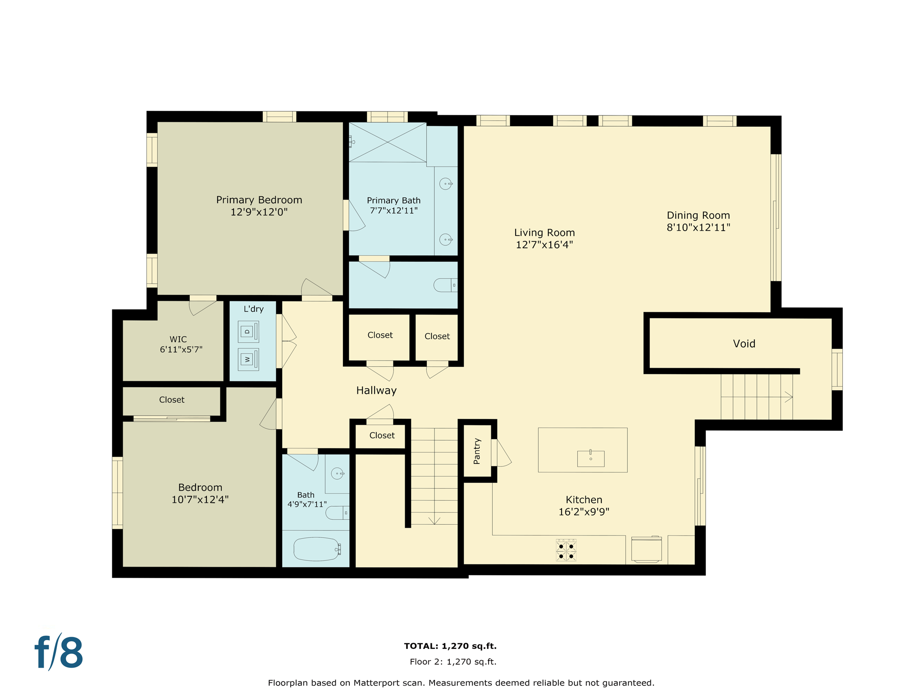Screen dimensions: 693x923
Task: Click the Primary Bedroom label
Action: (x=259, y=200)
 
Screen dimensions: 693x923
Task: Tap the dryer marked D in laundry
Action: (x=248, y=332)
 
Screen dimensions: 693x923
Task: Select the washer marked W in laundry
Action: (x=248, y=360)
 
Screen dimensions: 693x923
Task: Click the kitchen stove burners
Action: (x=566, y=550)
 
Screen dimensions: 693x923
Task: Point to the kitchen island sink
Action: (x=590, y=458)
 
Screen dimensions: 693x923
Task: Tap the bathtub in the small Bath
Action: (x=316, y=549)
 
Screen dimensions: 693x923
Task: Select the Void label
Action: (x=744, y=344)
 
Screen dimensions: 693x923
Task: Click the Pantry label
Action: (x=477, y=451)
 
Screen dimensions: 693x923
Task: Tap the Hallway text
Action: (x=376, y=391)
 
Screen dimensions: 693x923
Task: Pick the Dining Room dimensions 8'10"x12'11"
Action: (x=698, y=228)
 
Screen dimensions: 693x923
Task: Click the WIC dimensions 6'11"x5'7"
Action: (x=181, y=350)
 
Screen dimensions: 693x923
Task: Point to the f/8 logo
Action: (x=59, y=652)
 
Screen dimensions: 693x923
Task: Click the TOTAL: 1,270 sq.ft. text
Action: (x=450, y=646)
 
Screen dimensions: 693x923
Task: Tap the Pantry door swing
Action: (x=503, y=453)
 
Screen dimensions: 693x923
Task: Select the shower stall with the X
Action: (x=388, y=142)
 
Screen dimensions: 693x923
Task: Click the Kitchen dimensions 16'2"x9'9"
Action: (x=584, y=512)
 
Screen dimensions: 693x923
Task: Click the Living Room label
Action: (x=544, y=233)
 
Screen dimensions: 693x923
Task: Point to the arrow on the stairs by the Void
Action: (x=788, y=397)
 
